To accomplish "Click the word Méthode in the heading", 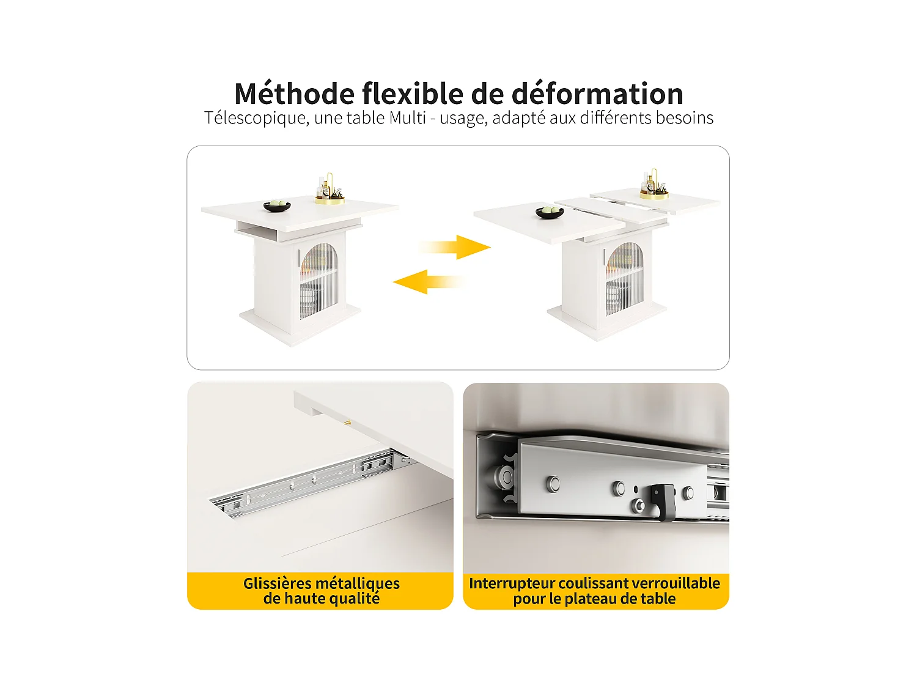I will coord(294,94).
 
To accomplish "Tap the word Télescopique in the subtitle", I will coord(256,118).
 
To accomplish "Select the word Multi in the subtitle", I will coord(407,117).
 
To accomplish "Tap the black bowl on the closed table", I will coord(277,205).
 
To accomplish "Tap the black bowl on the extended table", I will coord(549,212).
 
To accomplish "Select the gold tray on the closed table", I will coord(330,199).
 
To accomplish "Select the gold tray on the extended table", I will coord(654,194).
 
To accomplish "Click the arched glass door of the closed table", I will coord(319,280).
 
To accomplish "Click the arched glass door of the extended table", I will coord(624,278).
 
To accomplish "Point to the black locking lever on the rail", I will coord(661,500).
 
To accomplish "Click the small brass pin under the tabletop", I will coord(347,422).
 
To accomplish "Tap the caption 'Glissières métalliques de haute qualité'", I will coord(321,591).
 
